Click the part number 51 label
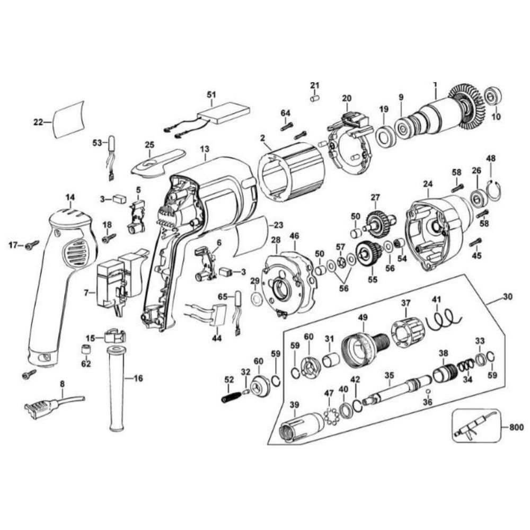coord(211,94)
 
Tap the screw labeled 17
coord(32,245)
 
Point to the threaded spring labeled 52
coord(229,395)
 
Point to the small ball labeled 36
coord(428,392)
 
